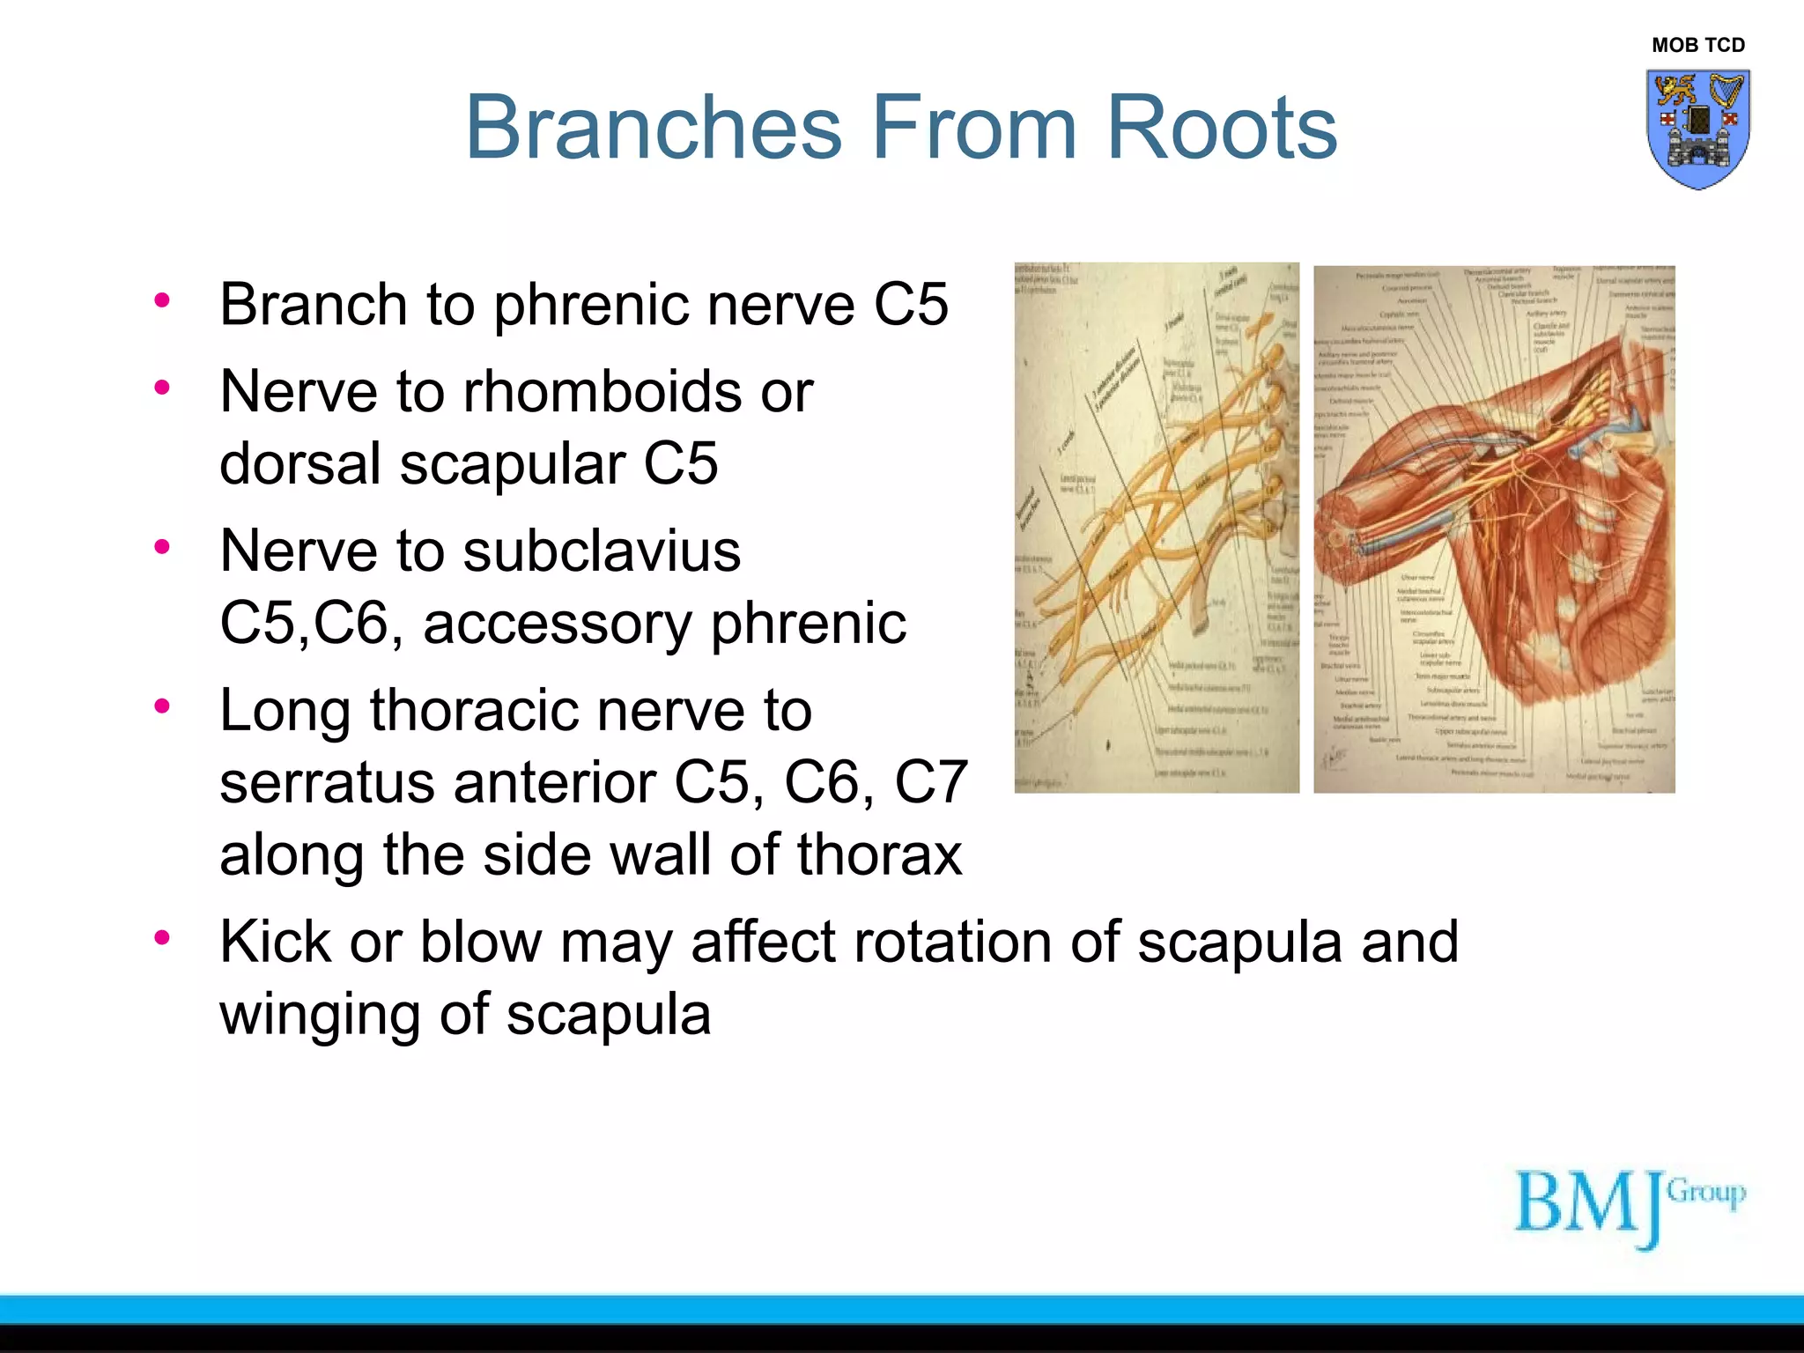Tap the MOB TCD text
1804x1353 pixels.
pyautogui.click(x=1697, y=45)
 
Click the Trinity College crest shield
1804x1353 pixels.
pyautogui.click(x=1697, y=128)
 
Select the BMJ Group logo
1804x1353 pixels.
pyautogui.click(x=1629, y=1206)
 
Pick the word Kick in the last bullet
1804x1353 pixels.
pyautogui.click(x=274, y=942)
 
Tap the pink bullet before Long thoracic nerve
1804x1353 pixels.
pyautogui.click(x=161, y=706)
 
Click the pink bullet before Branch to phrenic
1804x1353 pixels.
pyautogui.click(x=161, y=300)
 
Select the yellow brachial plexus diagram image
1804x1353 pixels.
pyautogui.click(x=1156, y=529)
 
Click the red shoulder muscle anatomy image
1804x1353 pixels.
pyautogui.click(x=1494, y=529)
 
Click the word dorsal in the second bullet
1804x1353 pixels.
pyautogui.click(x=299, y=464)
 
